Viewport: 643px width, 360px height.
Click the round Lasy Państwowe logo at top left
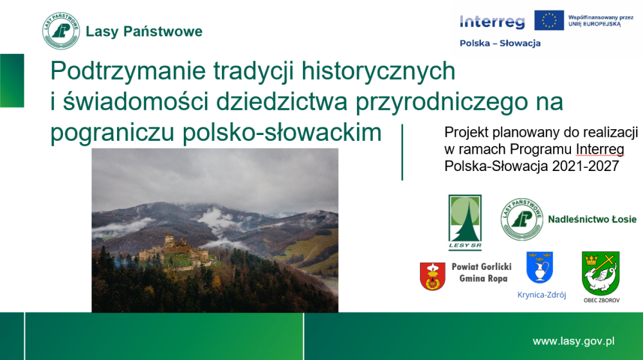coord(61,31)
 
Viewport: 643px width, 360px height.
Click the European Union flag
coord(548,21)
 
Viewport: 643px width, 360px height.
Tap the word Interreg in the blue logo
coord(492,22)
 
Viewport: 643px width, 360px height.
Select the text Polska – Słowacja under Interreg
coord(500,43)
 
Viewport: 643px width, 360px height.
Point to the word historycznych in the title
coord(379,71)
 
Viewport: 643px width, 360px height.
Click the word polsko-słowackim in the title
coord(282,132)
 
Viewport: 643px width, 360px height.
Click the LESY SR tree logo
coord(465,222)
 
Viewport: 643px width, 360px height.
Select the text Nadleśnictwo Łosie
coord(592,219)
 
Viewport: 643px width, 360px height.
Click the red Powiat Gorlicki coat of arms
coord(433,276)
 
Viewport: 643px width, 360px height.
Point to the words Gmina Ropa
coord(483,278)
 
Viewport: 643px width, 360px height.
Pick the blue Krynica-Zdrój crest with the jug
coord(539,267)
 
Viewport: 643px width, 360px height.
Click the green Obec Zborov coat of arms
coord(601,273)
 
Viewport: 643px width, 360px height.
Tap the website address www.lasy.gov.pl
coord(574,341)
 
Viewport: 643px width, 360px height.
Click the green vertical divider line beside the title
coord(403,152)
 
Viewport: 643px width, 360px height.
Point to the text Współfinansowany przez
coord(601,17)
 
